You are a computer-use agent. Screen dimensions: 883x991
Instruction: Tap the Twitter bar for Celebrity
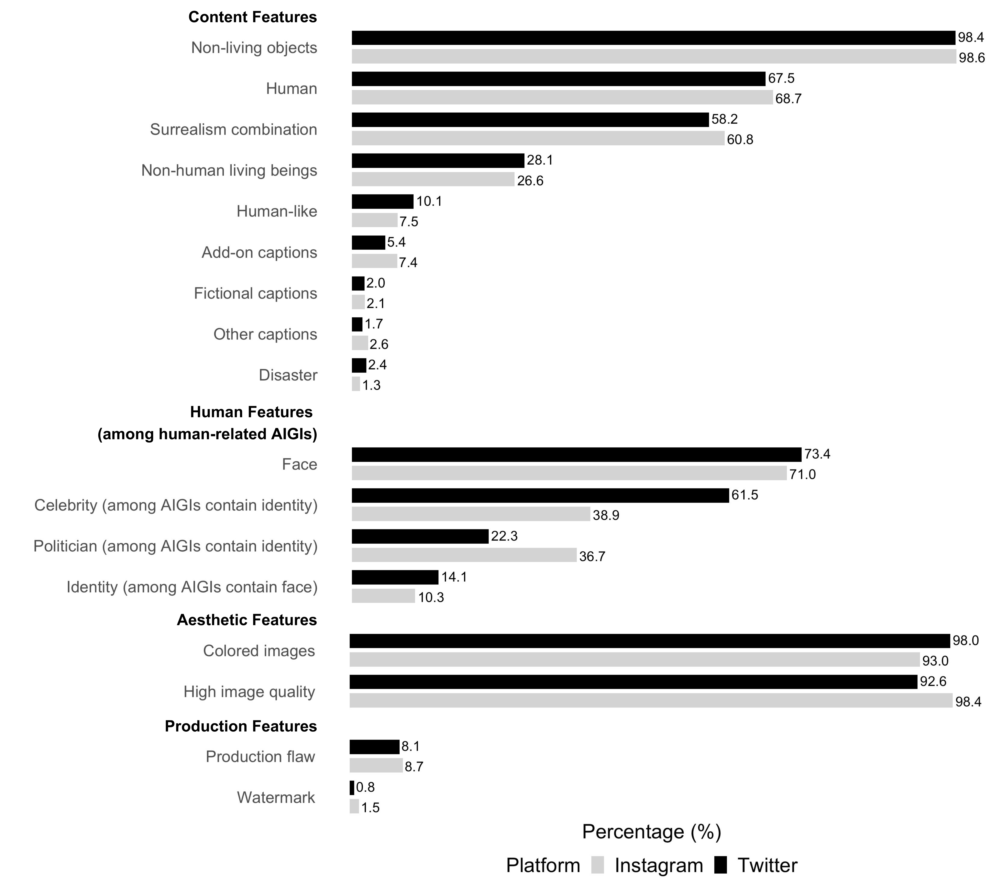click(x=540, y=495)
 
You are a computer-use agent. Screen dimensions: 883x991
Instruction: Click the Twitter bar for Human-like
click(x=382, y=201)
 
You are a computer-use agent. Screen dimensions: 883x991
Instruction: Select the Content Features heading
click(x=253, y=17)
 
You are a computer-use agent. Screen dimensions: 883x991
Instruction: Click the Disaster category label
click(x=288, y=375)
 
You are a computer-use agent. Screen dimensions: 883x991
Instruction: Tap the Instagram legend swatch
click(x=598, y=865)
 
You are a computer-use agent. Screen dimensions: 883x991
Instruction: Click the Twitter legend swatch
click(x=721, y=865)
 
